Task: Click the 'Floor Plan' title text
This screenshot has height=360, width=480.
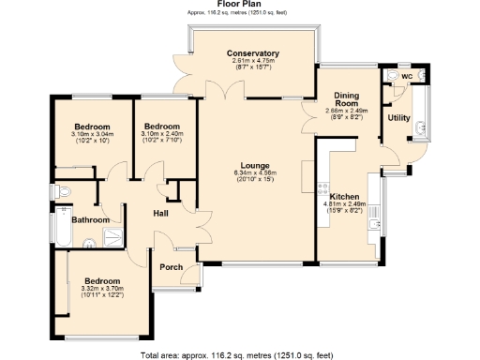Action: pos(239,4)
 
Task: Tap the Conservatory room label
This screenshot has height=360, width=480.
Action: pos(253,53)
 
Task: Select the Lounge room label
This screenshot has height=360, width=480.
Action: pos(254,165)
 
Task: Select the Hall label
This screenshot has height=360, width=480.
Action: pos(161,213)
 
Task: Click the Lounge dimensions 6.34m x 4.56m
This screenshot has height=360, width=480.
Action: pos(254,173)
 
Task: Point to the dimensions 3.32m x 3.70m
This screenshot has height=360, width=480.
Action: pos(102,289)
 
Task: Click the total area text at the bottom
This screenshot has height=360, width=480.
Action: pos(239,355)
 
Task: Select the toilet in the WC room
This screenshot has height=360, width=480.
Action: pos(392,75)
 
